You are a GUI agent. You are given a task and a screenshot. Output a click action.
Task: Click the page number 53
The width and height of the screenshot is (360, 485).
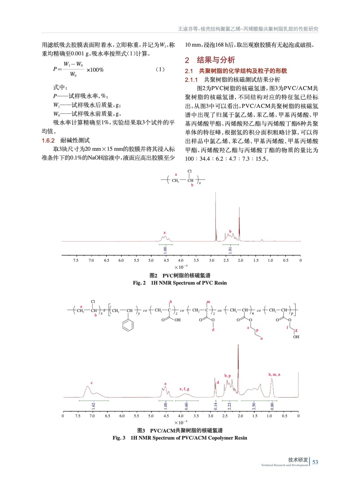point(315,462)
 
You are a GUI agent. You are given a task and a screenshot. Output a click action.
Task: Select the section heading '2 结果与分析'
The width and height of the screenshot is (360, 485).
point(210,60)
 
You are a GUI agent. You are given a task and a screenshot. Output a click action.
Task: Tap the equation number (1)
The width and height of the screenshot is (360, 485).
point(160,69)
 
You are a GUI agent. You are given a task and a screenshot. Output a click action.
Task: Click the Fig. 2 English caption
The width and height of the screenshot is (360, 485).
point(180,283)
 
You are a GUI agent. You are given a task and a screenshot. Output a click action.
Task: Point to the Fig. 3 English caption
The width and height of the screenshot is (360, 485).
point(180,438)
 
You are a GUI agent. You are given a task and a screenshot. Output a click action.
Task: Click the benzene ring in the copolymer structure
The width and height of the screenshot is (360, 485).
point(128,325)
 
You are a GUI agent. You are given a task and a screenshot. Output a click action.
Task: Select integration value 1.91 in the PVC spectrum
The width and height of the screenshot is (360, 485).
point(230,250)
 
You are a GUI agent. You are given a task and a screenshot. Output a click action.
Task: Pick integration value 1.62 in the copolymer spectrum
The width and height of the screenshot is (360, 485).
point(93,405)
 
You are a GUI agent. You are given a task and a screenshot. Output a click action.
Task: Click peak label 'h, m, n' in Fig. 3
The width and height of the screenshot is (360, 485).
point(274,374)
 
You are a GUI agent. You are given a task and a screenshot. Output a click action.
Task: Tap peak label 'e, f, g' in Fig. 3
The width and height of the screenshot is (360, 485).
point(184,389)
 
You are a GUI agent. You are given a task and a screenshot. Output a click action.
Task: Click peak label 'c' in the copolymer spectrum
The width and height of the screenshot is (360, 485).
point(92,383)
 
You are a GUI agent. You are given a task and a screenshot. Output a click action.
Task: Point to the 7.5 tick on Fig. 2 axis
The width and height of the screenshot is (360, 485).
point(76,260)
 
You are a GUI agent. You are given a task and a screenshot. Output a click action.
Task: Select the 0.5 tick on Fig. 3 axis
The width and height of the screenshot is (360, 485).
point(284,416)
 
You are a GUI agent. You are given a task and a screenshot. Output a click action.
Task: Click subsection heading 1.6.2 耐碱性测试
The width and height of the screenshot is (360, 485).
point(66,140)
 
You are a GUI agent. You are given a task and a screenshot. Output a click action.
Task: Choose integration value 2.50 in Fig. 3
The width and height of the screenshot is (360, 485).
point(254,405)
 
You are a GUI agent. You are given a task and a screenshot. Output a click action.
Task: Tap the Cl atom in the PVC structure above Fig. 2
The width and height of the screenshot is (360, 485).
point(190,171)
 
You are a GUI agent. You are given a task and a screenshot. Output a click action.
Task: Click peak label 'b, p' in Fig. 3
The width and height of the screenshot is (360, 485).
point(227,376)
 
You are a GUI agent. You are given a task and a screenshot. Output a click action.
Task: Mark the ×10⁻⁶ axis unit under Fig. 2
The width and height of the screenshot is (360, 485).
point(181,267)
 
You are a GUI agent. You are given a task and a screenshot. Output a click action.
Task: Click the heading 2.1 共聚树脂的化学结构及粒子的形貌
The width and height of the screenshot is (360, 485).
point(236,71)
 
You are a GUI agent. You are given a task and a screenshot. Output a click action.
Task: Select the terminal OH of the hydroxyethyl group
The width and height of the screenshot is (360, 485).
point(296,337)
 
